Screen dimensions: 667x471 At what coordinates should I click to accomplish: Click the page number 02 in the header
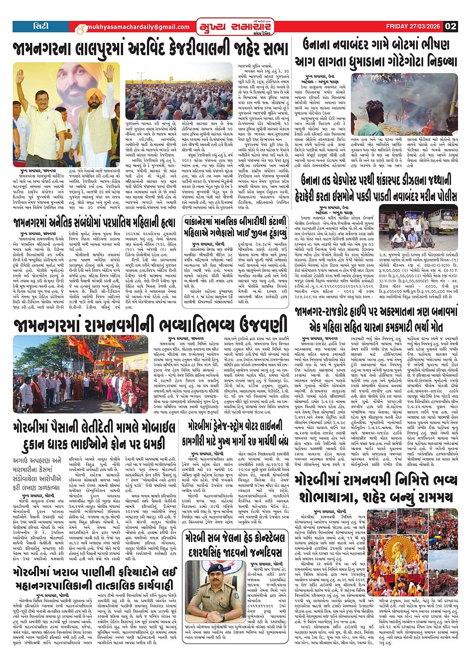click(x=451, y=26)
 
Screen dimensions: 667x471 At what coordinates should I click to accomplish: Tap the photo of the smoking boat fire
click(x=404, y=97)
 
